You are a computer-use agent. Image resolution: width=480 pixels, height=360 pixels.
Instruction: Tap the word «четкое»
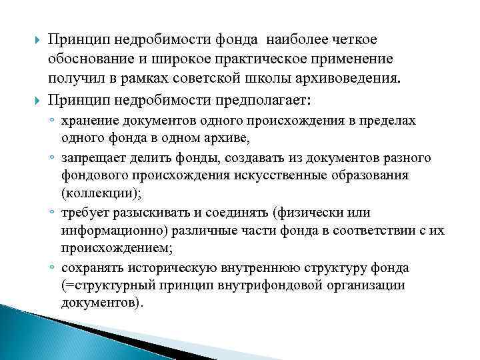[x=354, y=41]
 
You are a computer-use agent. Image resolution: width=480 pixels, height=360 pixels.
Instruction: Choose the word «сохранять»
[x=109, y=268]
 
